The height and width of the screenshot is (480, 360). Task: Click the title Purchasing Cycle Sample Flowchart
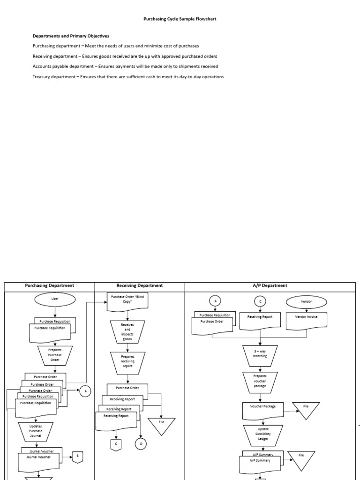[x=180, y=19]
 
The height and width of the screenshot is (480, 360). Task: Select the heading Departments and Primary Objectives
[x=71, y=36]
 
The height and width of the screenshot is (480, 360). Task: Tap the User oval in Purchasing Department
[x=55, y=299]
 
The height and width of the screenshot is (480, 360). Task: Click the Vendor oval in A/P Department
[x=306, y=301]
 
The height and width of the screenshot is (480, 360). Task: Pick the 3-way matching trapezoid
[x=260, y=354]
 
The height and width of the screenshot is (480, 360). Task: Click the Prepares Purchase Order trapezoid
[x=55, y=355]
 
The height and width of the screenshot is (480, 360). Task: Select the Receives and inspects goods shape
[x=127, y=331]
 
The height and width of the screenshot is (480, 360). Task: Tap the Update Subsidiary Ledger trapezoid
[x=263, y=434]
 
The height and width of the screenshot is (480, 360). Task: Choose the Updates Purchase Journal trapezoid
[x=36, y=432]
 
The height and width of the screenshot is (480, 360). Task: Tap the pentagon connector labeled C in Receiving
[x=115, y=443]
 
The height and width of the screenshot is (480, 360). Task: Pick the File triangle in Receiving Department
[x=161, y=424]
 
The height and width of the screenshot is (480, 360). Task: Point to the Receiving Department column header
[x=139, y=285]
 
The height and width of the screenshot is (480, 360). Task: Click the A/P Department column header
[x=270, y=285]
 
